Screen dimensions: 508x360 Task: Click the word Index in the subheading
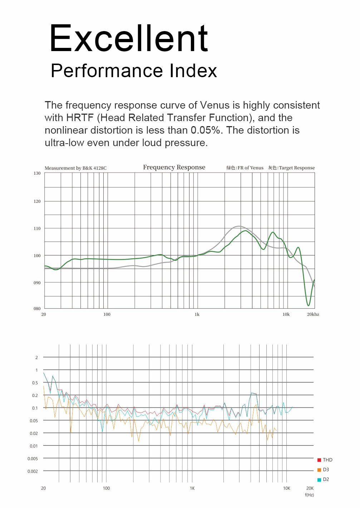[x=193, y=71]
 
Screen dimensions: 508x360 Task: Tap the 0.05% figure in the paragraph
[x=205, y=130]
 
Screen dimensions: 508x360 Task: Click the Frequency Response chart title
[x=174, y=167]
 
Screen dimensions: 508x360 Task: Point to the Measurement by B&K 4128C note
[x=75, y=168]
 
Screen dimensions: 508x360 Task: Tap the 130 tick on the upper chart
[x=37, y=173]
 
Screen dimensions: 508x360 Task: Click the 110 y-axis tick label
[x=37, y=228]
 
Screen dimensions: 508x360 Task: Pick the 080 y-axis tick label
[x=37, y=308]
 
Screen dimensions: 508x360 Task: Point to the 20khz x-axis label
[x=313, y=314]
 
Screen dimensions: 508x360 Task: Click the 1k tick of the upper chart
[x=197, y=314]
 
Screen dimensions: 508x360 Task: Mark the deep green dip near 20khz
[x=308, y=304]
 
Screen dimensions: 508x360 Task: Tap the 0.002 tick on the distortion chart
[x=33, y=471]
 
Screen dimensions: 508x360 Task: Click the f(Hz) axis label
[x=309, y=495]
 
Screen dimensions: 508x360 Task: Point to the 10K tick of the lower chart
[x=286, y=488]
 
